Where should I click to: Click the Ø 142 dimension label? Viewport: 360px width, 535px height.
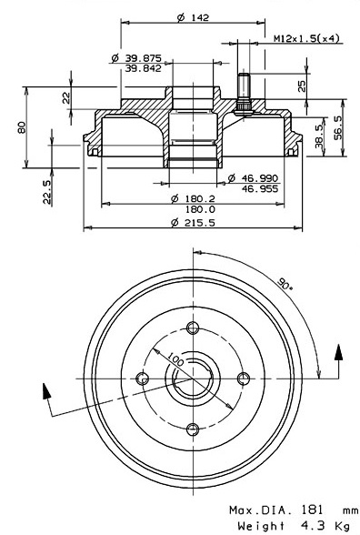coord(193,16)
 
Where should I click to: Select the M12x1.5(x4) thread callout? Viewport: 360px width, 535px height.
coord(307,38)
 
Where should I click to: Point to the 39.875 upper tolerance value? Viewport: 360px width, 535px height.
coord(143,58)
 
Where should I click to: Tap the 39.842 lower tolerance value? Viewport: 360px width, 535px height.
coord(143,68)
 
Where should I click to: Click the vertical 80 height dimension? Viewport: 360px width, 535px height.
coord(22,127)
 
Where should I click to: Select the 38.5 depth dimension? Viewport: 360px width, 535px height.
coord(319,136)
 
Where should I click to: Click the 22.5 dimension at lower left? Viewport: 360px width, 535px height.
coord(47,193)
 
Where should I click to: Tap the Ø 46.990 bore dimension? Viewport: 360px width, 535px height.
coord(253,177)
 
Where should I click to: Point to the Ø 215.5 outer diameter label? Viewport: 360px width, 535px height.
coord(194,222)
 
